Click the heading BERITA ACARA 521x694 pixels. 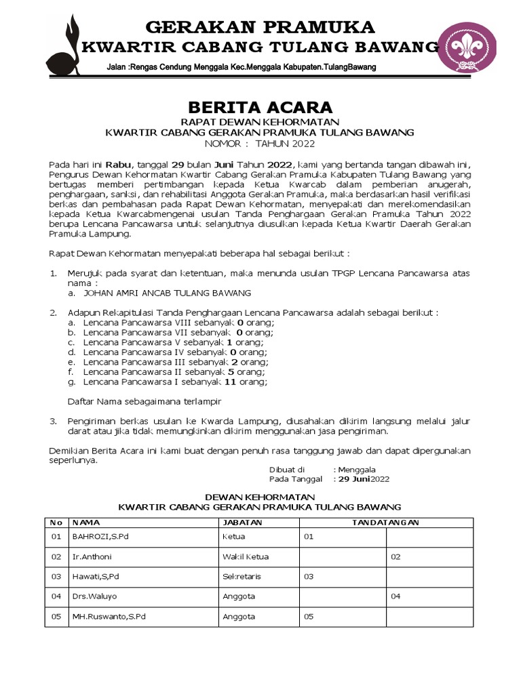point(260,107)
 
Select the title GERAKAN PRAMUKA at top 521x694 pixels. point(260,27)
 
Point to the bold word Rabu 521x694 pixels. point(118,164)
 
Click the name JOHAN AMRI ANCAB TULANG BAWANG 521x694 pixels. point(167,293)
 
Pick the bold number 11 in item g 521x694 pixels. point(229,382)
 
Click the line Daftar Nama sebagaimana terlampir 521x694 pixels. point(144,401)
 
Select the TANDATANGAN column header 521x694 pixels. point(385,523)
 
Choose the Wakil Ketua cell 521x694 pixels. point(246,556)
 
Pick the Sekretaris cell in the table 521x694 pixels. point(242,576)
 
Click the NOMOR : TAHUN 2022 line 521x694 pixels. point(260,144)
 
